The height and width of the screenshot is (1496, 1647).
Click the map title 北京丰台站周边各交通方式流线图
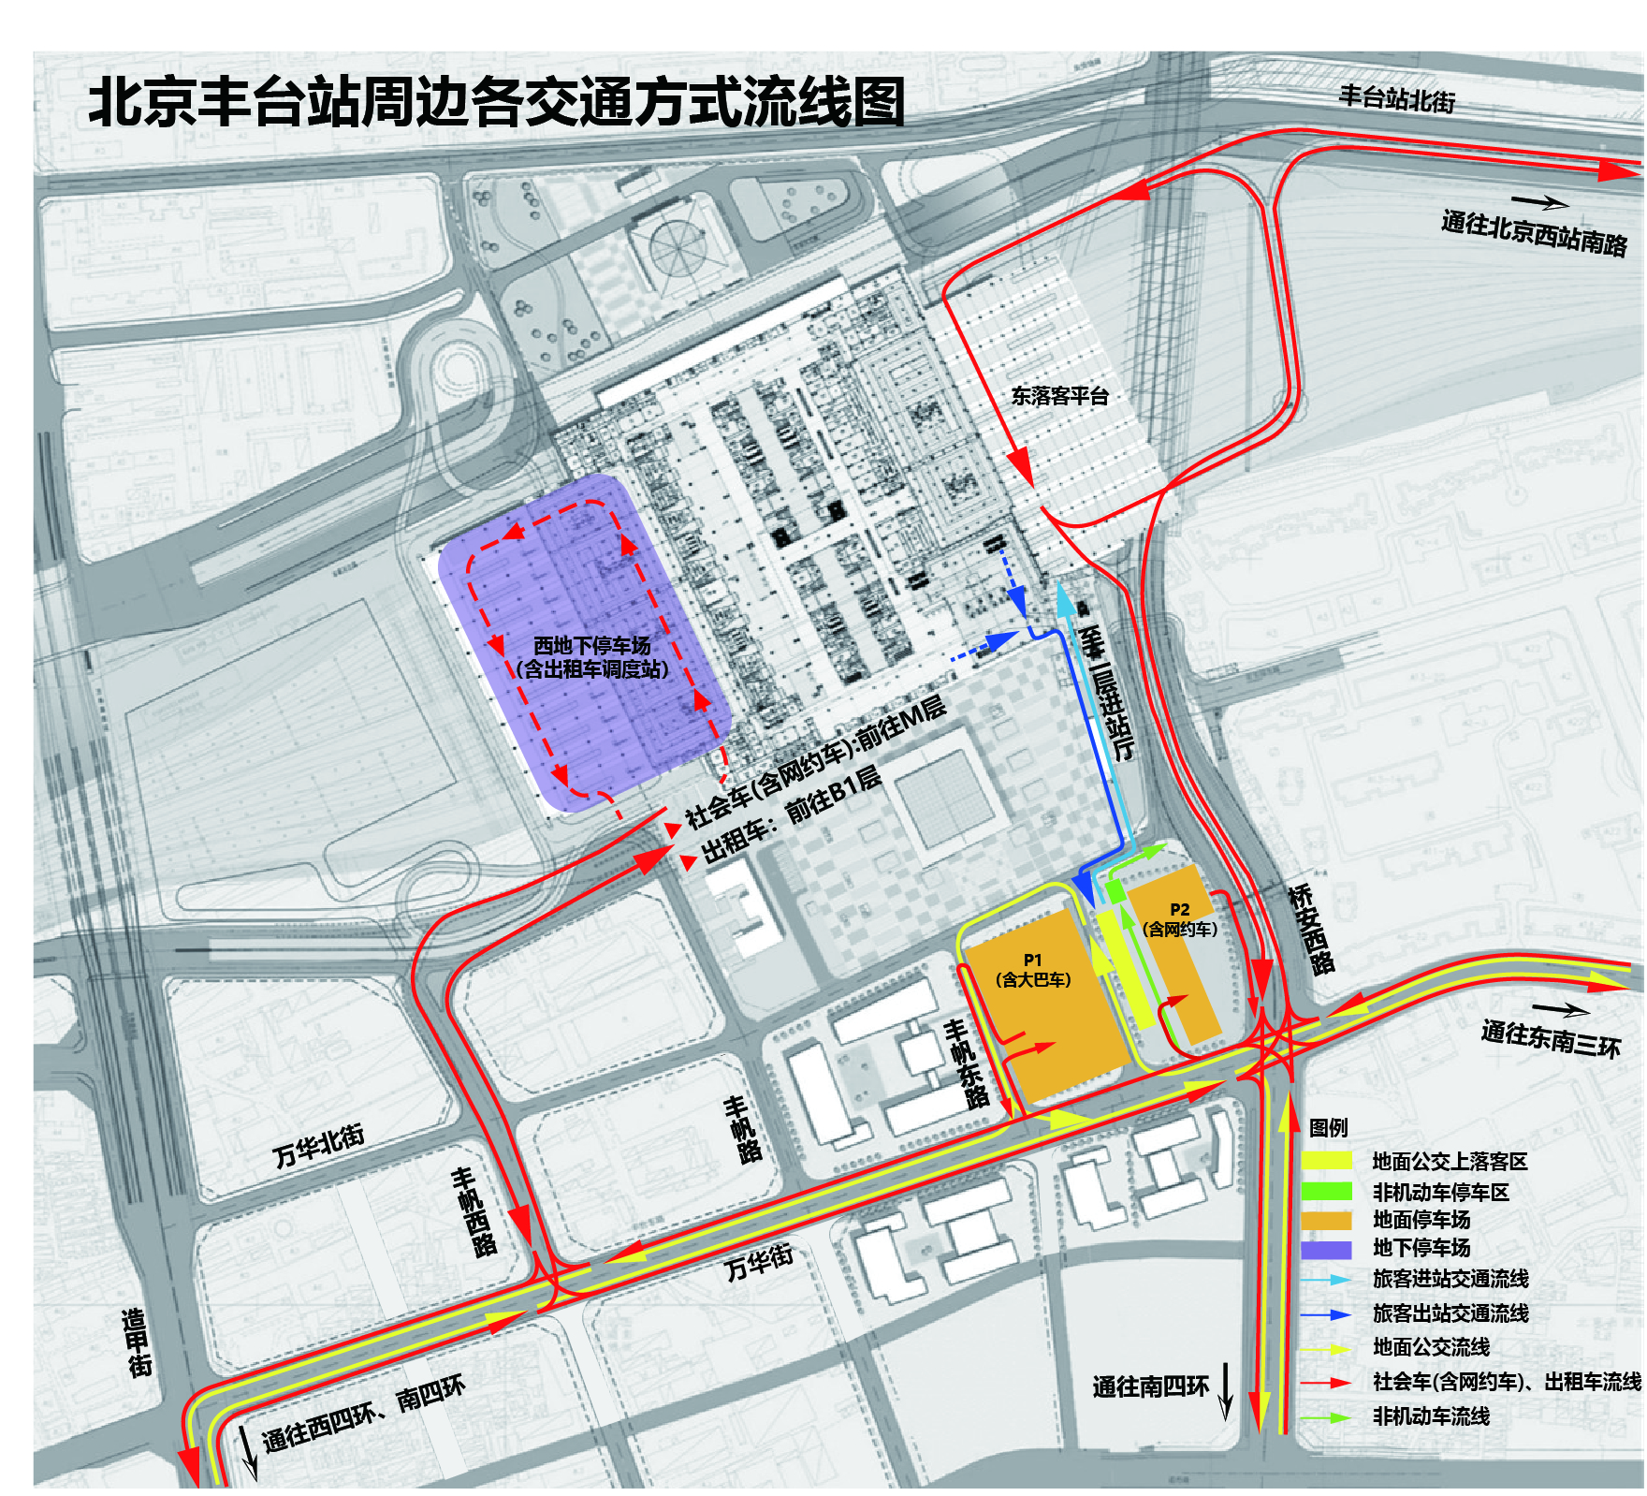tap(496, 102)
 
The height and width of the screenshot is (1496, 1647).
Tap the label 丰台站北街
tap(1396, 97)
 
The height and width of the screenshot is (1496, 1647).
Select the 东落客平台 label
tap(1059, 396)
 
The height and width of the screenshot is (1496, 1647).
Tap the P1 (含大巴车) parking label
tap(1032, 970)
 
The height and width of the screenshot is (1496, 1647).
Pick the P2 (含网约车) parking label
tap(1179, 919)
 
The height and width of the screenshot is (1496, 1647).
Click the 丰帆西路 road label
tap(474, 1211)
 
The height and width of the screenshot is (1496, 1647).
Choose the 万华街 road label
tap(759, 1260)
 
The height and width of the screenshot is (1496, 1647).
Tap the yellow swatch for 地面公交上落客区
tap(1326, 1161)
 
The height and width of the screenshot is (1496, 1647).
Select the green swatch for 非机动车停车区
tap(1326, 1191)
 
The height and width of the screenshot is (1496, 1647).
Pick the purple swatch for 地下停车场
tap(1326, 1249)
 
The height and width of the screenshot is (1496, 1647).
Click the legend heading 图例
tap(1327, 1127)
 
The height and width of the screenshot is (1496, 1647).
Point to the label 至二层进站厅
tap(1106, 693)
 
